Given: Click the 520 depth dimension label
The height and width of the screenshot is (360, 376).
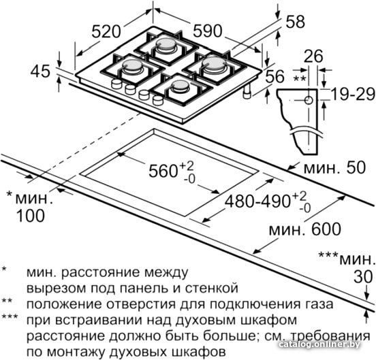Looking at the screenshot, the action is tap(106, 31).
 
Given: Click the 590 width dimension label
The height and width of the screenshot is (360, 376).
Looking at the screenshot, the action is tap(208, 31).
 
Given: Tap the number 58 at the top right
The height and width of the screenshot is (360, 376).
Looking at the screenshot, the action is tap(295, 22).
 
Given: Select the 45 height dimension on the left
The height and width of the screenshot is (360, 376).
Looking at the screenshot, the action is tap(40, 71).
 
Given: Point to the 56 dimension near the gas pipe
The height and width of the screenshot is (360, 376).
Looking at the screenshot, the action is tap(275, 76).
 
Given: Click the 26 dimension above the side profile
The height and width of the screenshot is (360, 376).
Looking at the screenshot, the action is tap(314, 56).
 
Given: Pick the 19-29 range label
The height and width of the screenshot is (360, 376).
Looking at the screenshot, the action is tap(353, 94).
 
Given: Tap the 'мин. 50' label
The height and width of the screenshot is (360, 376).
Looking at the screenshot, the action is tap(334, 167).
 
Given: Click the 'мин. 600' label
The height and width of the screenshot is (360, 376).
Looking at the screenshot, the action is tap(304, 229).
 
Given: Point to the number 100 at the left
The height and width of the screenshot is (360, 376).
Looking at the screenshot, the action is tap(31, 215).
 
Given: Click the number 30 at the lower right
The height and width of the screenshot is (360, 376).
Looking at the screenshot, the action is tap(363, 277).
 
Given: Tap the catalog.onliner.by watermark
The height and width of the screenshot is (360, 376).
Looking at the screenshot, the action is tap(319, 344).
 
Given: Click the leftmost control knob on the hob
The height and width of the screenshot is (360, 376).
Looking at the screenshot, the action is tap(116, 84).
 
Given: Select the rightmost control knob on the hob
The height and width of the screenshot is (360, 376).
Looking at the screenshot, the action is tap(158, 100).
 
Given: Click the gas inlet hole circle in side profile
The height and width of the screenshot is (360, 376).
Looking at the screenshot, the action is tap(309, 100).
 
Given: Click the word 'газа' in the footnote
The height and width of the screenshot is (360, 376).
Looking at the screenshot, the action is tap(319, 304).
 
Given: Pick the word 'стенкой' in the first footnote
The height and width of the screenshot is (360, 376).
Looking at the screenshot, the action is tap(212, 289).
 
